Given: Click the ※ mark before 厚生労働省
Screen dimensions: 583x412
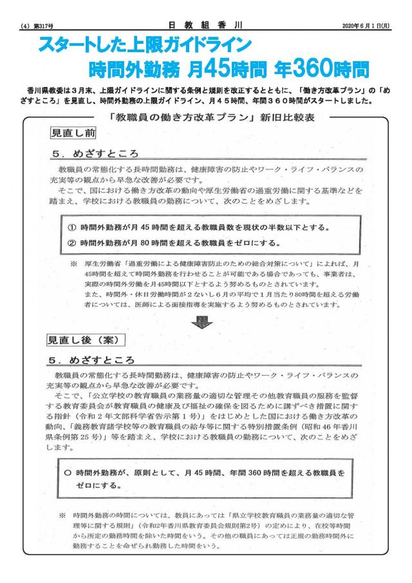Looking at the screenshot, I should coord(73,264).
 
